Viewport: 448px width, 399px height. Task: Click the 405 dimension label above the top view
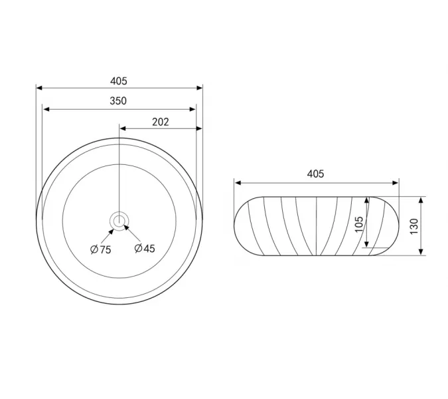pyautogui.click(x=119, y=81)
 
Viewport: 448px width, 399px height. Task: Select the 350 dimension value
pyautogui.click(x=118, y=101)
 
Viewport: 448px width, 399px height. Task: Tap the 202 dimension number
pyautogui.click(x=161, y=122)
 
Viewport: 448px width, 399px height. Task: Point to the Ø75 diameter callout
pyautogui.click(x=101, y=249)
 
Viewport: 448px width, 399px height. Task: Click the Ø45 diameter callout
pyautogui.click(x=145, y=249)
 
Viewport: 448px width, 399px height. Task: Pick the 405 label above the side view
pyautogui.click(x=315, y=174)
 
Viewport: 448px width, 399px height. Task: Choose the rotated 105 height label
pyautogui.click(x=359, y=225)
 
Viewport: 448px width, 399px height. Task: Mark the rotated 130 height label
pyautogui.click(x=414, y=227)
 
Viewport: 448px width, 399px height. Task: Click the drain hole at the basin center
pyautogui.click(x=119, y=221)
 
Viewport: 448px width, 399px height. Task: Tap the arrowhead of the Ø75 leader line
pyautogui.click(x=112, y=231)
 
